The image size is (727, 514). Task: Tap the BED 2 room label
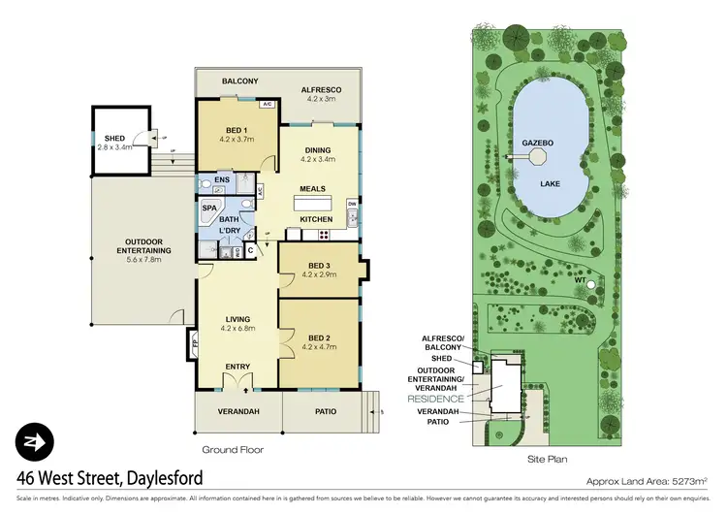click(317, 336)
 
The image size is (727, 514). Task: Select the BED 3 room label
click(317, 266)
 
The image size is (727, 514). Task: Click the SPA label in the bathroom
click(209, 208)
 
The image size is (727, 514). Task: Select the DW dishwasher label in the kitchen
click(352, 204)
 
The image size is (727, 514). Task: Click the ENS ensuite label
click(222, 180)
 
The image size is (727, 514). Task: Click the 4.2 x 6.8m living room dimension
click(237, 329)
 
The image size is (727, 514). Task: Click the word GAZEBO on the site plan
click(537, 142)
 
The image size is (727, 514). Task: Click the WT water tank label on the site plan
click(579, 281)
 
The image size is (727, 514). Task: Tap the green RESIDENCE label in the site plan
click(435, 399)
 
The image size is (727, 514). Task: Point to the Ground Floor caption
click(232, 450)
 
